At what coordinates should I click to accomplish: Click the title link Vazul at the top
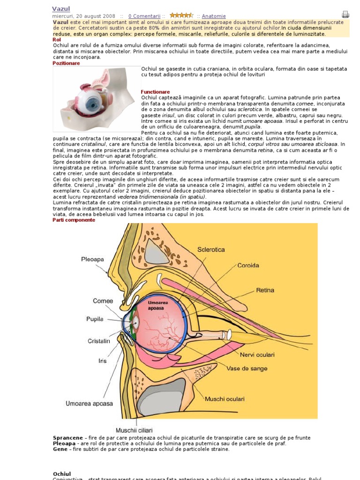60,9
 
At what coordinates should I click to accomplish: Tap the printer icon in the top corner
345,14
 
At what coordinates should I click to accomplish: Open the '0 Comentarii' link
144,16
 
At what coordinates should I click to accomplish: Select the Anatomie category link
214,16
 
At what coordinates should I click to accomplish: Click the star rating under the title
181,15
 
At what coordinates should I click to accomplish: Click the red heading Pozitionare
66,63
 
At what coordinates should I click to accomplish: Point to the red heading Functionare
155,92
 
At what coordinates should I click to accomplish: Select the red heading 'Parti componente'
74,220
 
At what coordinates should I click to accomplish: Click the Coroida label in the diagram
248,265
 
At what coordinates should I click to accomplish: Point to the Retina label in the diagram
265,290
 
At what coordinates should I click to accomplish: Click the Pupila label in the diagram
97,319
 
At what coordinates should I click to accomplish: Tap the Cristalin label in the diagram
98,341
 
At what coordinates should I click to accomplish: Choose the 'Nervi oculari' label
257,354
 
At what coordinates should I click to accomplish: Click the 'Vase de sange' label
247,368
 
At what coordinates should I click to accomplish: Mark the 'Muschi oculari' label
225,399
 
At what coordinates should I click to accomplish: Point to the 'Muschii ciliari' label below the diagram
134,430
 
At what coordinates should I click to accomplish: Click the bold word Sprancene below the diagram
68,438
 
